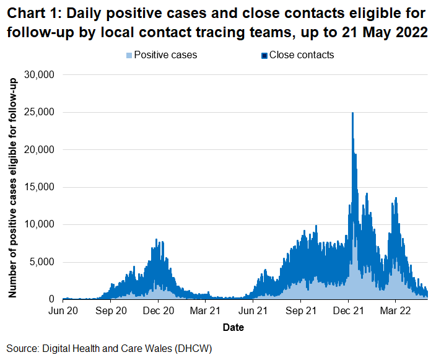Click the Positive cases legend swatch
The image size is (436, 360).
pyautogui.click(x=129, y=56)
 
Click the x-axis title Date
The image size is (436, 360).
pyautogui.click(x=233, y=327)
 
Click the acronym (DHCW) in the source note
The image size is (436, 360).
pyautogui.click(x=192, y=349)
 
